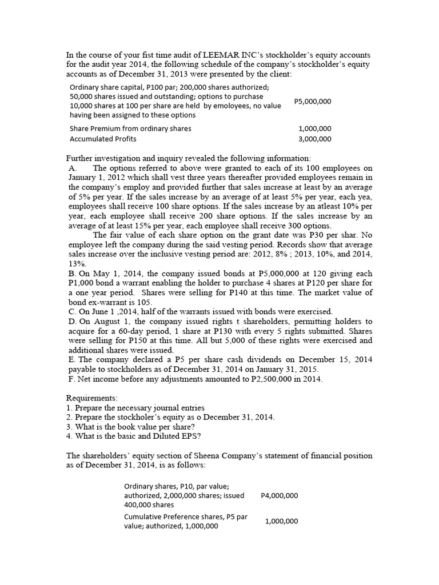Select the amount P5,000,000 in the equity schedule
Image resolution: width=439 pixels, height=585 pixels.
pos(312,101)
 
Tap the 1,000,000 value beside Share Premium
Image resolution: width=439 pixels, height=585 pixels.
pos(314,129)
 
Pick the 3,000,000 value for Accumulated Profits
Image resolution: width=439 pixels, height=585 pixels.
pos(314,138)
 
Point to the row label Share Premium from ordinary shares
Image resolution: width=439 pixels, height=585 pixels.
pos(130,129)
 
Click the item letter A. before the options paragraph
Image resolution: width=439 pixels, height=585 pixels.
pos(73,169)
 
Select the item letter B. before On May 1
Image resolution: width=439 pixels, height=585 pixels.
pos(71,274)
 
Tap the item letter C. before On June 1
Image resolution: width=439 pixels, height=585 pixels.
pos(71,311)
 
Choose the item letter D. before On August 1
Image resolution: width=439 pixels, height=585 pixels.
pos(72,322)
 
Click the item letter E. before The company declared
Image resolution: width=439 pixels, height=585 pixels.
pos(71,359)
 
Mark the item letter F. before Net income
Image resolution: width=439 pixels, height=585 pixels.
pos(71,379)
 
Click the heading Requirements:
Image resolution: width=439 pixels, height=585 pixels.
pos(92,398)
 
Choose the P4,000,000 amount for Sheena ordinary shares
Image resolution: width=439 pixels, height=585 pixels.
pos(279,495)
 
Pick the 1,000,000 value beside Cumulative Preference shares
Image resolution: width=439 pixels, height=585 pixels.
pos(281,521)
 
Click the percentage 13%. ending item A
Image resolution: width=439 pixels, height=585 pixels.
pos(77,264)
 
